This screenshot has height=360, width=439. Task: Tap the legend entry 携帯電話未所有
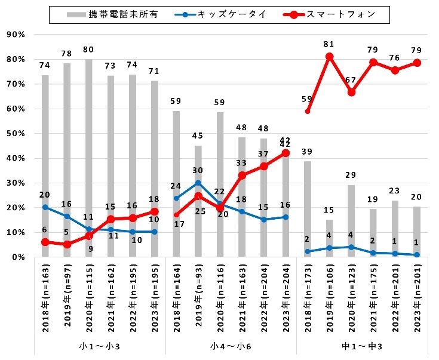click(x=116, y=14)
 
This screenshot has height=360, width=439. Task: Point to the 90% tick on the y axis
click(x=15, y=35)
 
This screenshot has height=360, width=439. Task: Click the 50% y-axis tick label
click(x=15, y=134)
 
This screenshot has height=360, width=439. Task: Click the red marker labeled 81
click(x=329, y=57)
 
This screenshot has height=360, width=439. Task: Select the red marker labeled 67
click(x=351, y=93)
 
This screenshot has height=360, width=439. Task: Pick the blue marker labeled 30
click(x=198, y=183)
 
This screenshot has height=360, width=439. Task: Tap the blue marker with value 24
click(x=176, y=198)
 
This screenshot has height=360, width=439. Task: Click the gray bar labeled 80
click(x=89, y=158)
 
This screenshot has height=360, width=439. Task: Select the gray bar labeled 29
click(x=351, y=221)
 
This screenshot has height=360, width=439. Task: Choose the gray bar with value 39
click(x=307, y=209)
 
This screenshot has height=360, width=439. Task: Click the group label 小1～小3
click(x=100, y=346)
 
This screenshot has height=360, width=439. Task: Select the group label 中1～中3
click(x=361, y=346)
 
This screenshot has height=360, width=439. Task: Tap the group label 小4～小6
click(x=231, y=346)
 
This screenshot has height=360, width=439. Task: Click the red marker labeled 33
click(x=242, y=176)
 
